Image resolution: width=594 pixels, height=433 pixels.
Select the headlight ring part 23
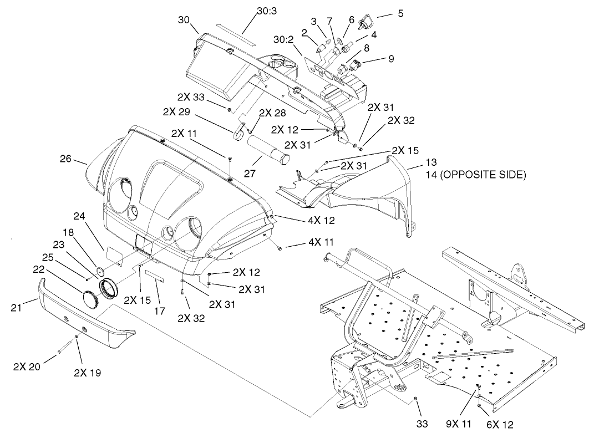click(x=110, y=288)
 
